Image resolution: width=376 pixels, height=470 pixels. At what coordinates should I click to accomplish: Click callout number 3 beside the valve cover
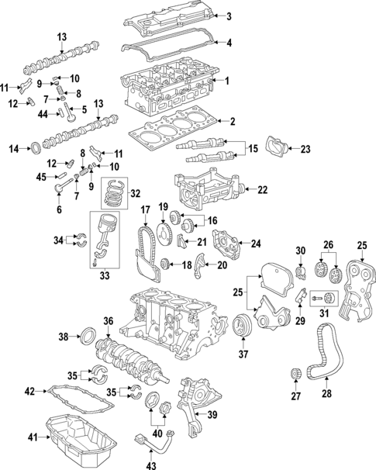tap(228, 16)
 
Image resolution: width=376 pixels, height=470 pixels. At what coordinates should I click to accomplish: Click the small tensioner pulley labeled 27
tap(294, 376)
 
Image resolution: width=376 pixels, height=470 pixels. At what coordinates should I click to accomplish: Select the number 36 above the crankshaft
tap(109, 320)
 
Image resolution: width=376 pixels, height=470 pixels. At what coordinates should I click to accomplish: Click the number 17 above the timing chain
tap(145, 210)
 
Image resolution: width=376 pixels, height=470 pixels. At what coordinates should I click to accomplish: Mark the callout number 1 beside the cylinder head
tap(228, 81)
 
